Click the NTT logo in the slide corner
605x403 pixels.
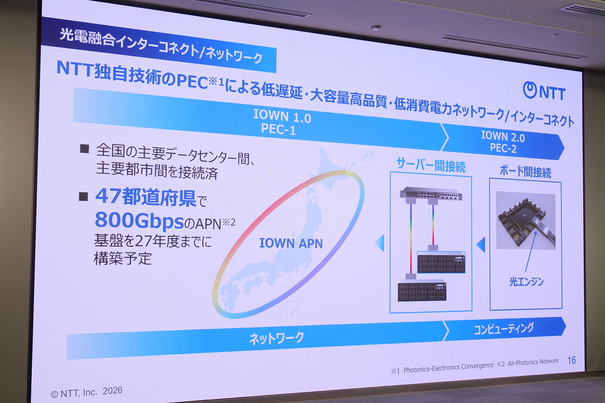[544, 91]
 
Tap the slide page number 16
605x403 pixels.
[572, 360]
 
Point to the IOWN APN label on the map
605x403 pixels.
[291, 243]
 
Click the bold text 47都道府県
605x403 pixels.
[146, 197]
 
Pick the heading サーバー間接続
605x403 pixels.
[431, 165]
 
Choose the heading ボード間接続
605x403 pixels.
[525, 171]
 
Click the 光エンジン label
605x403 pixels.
[526, 281]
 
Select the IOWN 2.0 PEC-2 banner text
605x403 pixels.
[503, 142]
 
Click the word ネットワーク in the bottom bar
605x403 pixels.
[276, 338]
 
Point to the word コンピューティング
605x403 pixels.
[504, 328]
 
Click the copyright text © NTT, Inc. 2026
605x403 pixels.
[86, 392]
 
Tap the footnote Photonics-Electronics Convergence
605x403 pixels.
[448, 367]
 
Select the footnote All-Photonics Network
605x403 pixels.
[533, 362]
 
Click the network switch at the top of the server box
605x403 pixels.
[431, 194]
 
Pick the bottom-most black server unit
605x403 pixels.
[422, 290]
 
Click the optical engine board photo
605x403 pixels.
[526, 221]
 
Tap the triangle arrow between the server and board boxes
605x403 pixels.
[481, 245]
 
